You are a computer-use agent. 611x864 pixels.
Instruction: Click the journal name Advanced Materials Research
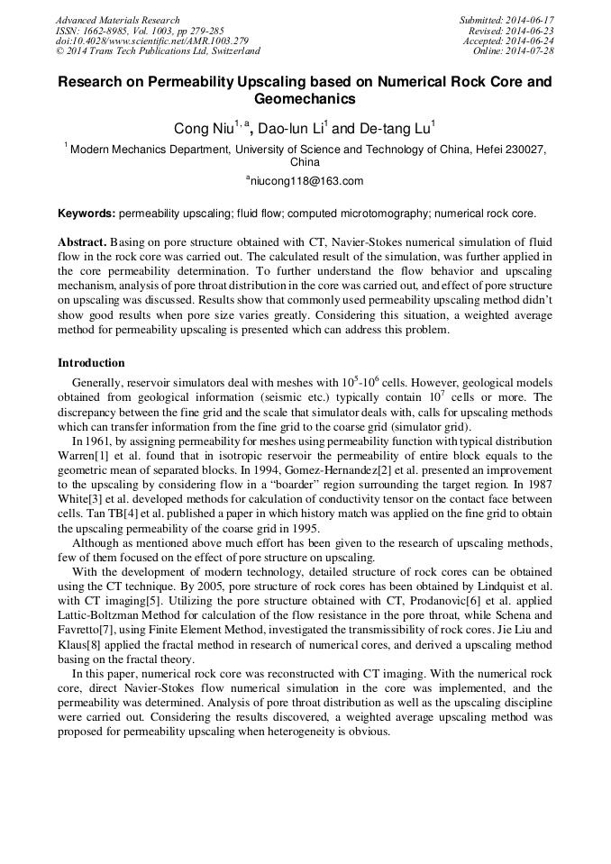(x=117, y=20)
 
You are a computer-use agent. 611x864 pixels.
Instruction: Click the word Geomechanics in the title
(x=305, y=99)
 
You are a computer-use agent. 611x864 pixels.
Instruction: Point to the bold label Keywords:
(x=87, y=214)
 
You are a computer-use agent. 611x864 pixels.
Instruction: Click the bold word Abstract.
(x=82, y=243)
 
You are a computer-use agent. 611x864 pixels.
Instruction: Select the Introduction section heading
(x=91, y=363)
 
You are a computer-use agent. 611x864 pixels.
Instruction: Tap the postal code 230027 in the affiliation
(x=522, y=150)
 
